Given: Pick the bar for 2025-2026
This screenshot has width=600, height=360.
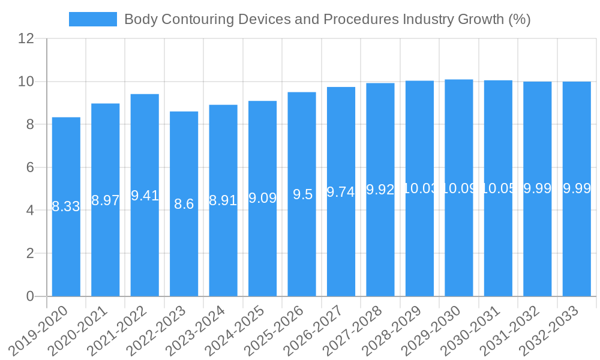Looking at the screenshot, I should point(302,240).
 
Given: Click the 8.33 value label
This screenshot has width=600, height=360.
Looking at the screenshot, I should point(66,207).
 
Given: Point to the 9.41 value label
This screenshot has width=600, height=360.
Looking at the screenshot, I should point(145,196).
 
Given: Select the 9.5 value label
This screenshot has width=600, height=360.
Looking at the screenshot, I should point(302,194).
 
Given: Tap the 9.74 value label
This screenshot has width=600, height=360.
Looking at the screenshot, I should point(341,192).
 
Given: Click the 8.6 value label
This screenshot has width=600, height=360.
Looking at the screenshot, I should point(184,204).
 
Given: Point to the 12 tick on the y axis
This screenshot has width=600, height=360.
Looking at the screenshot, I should point(26,39).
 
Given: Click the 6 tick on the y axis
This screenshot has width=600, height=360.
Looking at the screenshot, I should point(31,168).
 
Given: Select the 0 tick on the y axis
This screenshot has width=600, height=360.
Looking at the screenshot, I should point(31,296).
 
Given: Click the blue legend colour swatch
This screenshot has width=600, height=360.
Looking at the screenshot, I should point(93,19).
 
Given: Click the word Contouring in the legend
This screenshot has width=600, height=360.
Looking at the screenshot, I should point(197,19).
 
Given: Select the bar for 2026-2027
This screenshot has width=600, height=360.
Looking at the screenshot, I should point(341,240).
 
